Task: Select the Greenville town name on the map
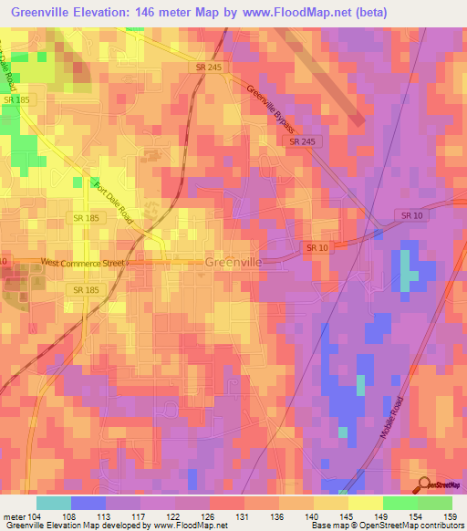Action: pos(234,262)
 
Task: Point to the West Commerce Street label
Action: pos(83,263)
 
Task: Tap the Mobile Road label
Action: pos(393,413)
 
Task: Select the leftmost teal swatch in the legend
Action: pos(53,502)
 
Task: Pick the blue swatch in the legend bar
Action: pos(88,502)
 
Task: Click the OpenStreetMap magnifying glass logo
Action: pos(423,484)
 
